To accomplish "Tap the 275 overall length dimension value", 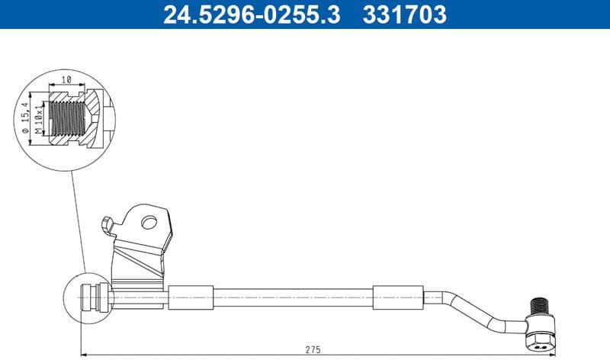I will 313,349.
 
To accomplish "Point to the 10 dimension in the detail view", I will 66,79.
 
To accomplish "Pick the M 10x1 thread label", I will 38,120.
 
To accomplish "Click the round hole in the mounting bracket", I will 149,223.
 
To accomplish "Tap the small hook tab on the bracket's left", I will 105,224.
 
